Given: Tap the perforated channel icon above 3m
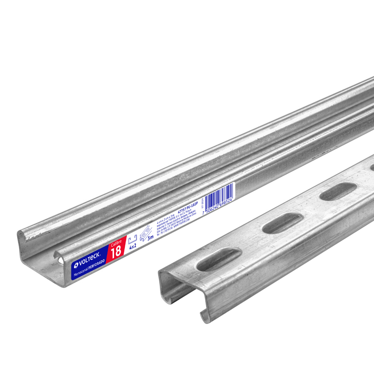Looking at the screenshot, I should point(146,232).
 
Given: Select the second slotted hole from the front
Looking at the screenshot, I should point(282,223).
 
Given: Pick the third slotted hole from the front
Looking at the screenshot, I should point(338,191).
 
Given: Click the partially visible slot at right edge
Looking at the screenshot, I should point(371,168).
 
